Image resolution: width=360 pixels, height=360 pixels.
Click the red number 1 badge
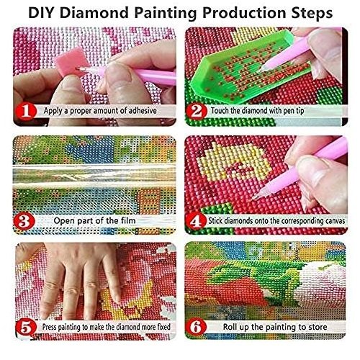[26, 112]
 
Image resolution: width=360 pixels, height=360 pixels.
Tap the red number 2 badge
[197, 112]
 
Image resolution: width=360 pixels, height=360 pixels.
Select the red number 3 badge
[24, 221]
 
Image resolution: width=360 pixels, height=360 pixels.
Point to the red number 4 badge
[196, 221]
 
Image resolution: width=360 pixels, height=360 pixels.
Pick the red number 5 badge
[26, 328]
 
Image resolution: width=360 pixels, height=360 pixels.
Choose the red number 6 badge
[197, 327]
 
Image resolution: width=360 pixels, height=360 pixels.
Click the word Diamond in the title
[94, 13]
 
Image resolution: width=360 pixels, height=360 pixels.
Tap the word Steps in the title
[312, 14]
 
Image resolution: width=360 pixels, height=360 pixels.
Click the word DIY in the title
[42, 13]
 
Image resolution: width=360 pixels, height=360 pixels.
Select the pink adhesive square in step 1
[69, 62]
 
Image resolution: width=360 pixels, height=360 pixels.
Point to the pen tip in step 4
[255, 198]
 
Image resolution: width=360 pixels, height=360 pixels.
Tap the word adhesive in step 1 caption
[143, 111]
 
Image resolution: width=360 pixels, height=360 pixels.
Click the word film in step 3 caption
[128, 220]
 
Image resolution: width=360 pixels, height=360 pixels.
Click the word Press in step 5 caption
[49, 327]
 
